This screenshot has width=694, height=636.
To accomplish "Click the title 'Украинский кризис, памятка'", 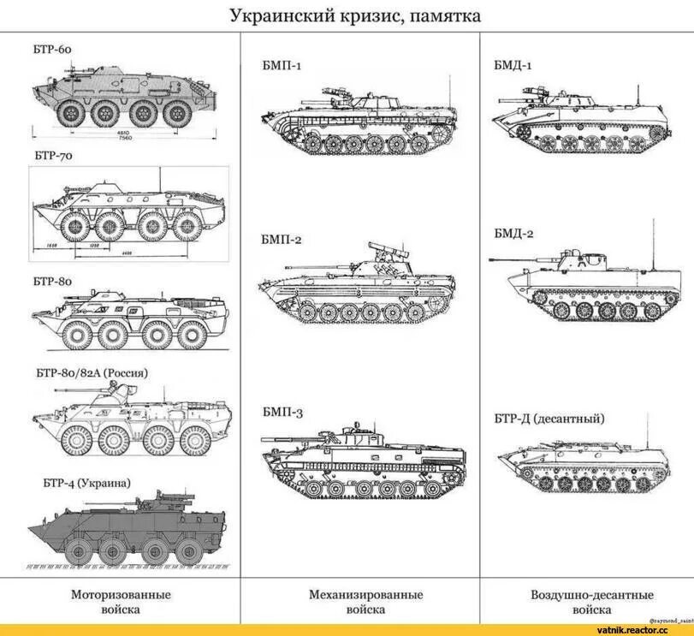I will (355, 15).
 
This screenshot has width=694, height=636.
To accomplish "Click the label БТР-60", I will (53, 50).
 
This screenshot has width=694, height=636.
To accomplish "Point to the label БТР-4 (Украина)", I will (87, 483).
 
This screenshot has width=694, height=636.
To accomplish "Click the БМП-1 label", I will (282, 65).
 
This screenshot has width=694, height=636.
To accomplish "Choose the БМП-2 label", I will (282, 241).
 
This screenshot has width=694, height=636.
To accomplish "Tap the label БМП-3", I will (282, 413).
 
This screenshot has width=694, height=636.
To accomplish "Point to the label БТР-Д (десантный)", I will (549, 419).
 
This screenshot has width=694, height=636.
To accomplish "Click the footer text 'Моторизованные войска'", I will (120, 602).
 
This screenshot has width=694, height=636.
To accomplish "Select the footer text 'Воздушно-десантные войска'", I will (591, 602).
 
